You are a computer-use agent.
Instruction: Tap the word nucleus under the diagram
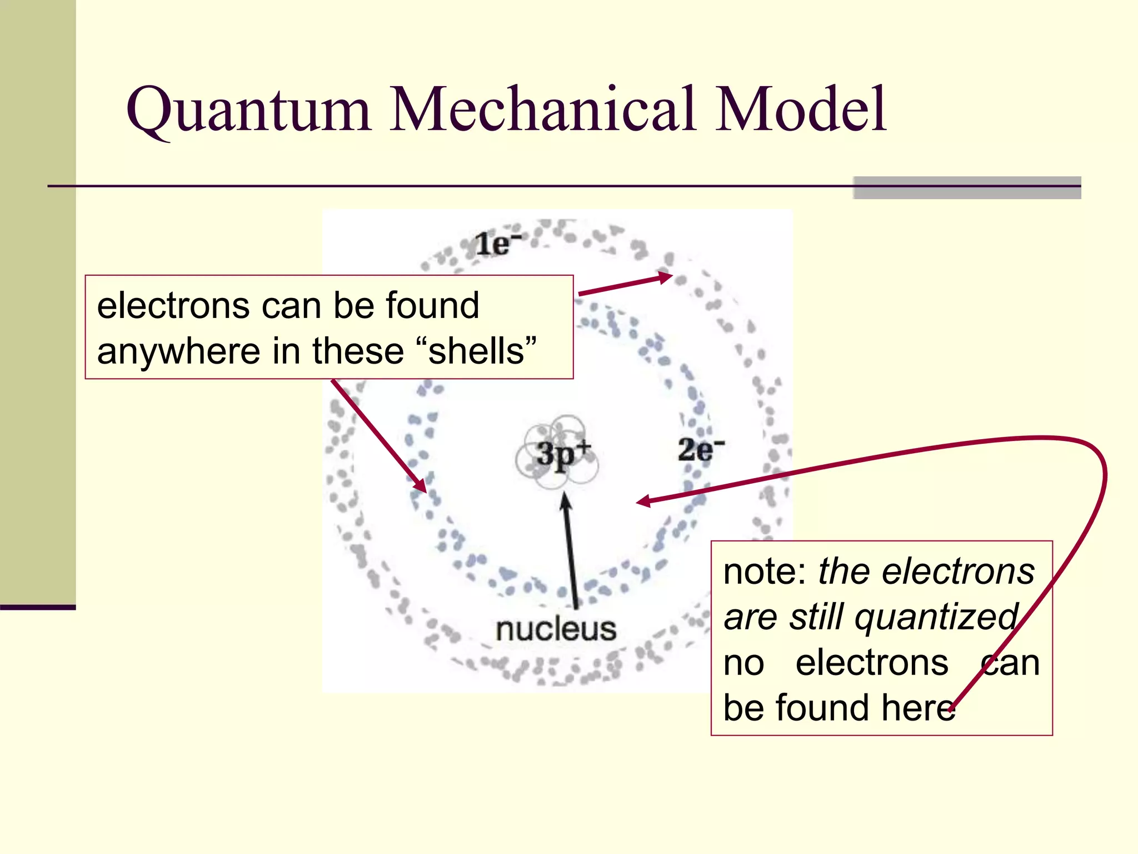(556, 629)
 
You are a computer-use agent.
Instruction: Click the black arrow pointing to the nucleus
(570, 550)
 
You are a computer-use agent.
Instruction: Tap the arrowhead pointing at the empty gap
(643, 502)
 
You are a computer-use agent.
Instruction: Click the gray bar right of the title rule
(966, 187)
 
